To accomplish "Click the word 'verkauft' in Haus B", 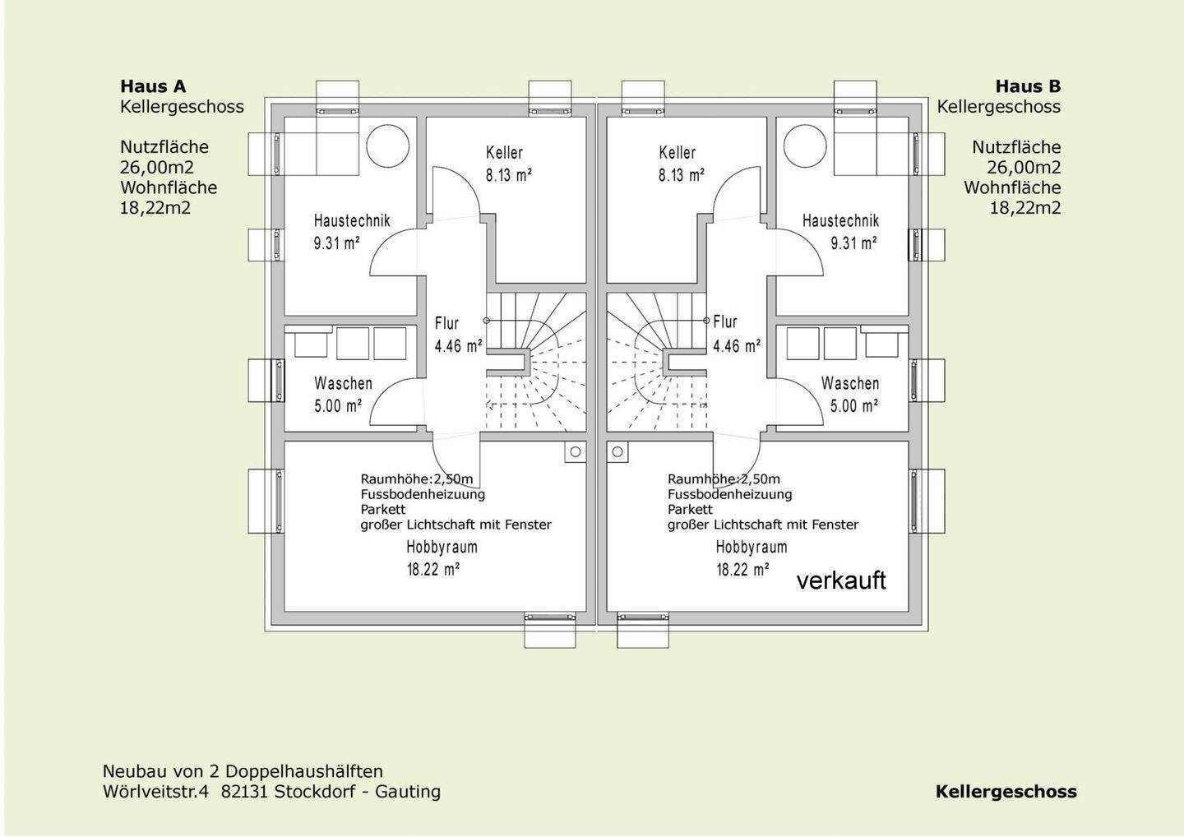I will (x=841, y=580).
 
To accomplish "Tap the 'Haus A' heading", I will (x=153, y=86).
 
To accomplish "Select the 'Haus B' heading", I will (x=1028, y=86).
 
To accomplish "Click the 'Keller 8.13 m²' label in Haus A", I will (x=506, y=164).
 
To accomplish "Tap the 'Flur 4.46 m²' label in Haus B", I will (x=736, y=334).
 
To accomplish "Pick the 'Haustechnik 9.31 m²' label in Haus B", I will (x=840, y=232).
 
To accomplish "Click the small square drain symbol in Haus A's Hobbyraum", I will (x=575, y=451).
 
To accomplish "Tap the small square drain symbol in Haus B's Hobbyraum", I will (x=617, y=451).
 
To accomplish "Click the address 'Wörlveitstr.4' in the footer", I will (x=156, y=792).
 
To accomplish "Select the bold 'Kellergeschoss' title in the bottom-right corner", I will (x=1006, y=792).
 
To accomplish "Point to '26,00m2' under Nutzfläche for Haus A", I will (x=157, y=167).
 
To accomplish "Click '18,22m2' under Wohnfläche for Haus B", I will (x=1024, y=207).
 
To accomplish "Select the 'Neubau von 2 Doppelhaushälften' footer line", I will (x=243, y=771).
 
